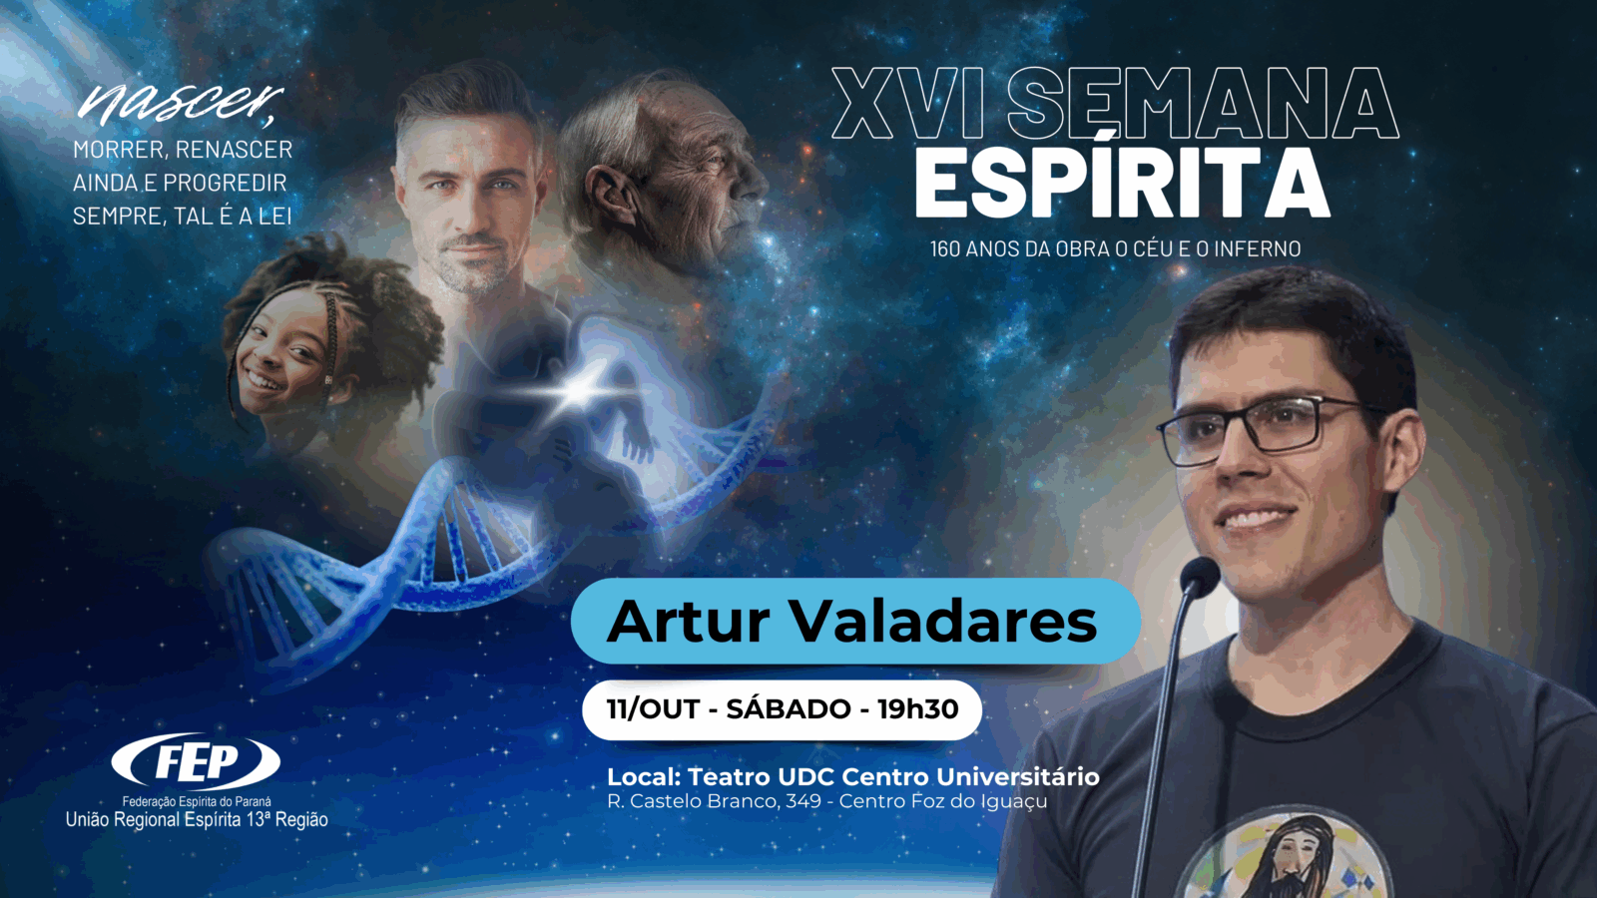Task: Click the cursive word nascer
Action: point(180,102)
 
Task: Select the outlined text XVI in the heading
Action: point(907,104)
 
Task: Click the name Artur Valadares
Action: point(852,621)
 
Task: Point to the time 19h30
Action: point(917,709)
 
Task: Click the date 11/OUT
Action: point(653,709)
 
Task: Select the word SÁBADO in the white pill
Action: point(788,709)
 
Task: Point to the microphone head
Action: point(1199,576)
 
